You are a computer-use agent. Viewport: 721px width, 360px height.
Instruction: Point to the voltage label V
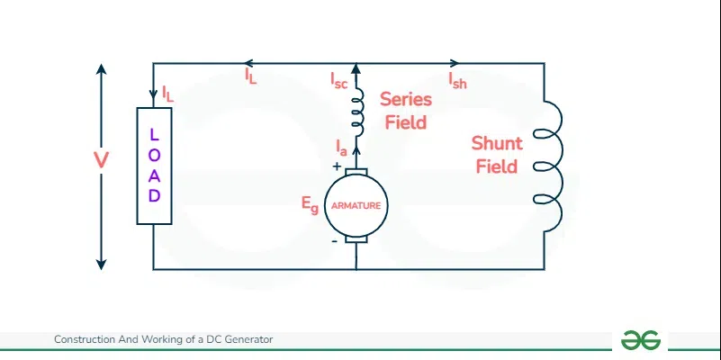click(101, 160)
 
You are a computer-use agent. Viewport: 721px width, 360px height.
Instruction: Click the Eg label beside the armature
click(310, 204)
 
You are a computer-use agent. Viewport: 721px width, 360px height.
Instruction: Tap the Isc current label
click(338, 80)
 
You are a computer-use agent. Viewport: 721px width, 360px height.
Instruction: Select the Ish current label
click(457, 80)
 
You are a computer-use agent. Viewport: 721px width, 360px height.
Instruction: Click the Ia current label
click(341, 148)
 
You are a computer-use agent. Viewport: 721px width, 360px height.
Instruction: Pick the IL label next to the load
click(167, 94)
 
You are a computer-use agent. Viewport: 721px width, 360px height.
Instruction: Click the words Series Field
click(406, 111)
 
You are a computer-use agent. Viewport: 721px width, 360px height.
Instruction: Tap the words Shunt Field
click(497, 155)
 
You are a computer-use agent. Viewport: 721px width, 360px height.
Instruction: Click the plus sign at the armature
click(337, 166)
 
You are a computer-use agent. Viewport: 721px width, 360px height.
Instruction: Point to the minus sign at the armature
click(334, 241)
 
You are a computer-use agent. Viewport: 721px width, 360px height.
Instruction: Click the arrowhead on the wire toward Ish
click(454, 63)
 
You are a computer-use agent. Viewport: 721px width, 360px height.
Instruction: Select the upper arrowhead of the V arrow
click(101, 69)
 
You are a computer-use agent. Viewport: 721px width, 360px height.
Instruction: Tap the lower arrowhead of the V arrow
click(101, 265)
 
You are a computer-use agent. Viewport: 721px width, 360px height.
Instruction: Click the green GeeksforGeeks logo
click(641, 340)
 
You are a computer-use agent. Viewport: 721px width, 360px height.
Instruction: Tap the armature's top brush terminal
click(356, 172)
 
